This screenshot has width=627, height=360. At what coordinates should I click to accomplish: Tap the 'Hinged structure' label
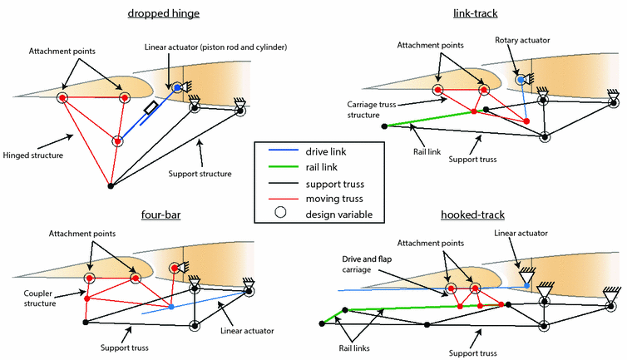37,154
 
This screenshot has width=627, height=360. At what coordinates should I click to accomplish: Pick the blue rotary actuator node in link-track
521,80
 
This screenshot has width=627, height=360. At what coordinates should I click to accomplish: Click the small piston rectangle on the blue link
150,109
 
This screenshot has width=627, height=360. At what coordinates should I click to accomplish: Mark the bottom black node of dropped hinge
111,185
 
